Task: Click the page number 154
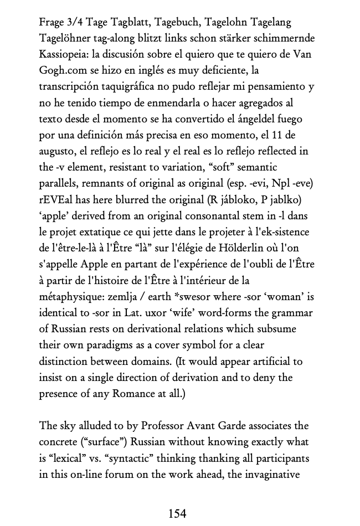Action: coord(177,513)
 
